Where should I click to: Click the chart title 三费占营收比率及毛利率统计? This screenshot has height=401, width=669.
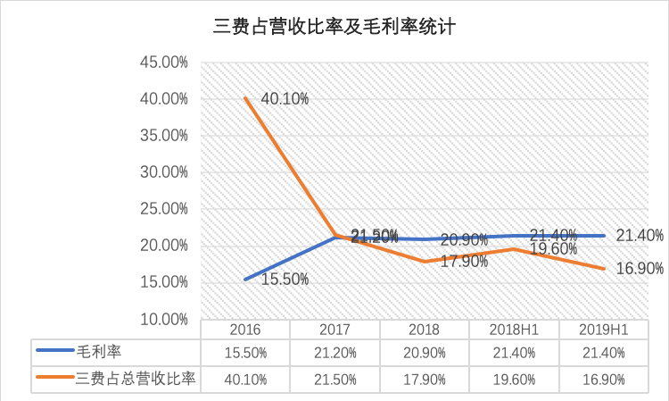pos(334,28)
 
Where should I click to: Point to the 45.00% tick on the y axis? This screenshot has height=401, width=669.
pos(166,63)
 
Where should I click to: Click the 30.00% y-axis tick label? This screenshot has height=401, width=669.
pos(166,172)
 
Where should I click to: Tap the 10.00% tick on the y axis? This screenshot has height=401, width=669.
pos(166,319)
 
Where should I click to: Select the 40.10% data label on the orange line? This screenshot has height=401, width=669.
pos(285,99)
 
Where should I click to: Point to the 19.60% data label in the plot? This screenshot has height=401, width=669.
pos(553,249)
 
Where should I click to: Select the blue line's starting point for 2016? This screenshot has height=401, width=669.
pos(246,279)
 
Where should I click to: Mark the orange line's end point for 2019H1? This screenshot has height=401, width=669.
pos(604,268)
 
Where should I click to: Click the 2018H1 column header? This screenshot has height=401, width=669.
pos(514,329)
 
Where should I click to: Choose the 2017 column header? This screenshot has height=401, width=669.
pos(334,329)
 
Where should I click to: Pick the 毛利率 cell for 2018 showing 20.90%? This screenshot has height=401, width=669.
pos(424,353)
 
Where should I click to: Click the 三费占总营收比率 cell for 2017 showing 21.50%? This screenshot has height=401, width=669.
pos(334,379)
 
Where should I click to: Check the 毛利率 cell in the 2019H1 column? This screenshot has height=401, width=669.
pos(603,353)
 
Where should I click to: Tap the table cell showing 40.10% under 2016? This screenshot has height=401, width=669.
pos(245,379)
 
